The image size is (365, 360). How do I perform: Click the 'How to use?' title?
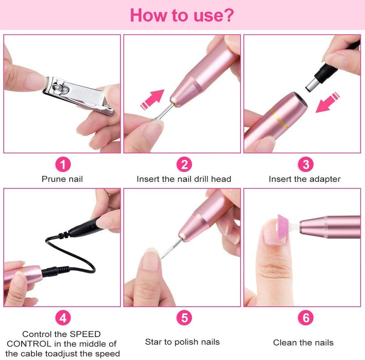[x=182, y=15]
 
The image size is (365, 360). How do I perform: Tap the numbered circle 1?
[x=63, y=165]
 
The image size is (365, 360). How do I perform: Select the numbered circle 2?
[x=184, y=165]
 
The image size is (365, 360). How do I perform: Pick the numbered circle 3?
[x=305, y=165]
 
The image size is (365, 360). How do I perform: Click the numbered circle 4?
[x=63, y=318]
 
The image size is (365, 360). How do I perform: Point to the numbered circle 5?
[x=184, y=318]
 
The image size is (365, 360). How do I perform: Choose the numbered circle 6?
[x=305, y=318]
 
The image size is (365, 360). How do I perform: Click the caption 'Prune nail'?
[x=62, y=179]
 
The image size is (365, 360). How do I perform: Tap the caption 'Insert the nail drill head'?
[x=184, y=179]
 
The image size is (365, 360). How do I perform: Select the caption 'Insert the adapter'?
[x=304, y=179]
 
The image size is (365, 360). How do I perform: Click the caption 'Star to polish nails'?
[x=182, y=342]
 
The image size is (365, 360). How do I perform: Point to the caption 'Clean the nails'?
[x=303, y=343]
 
